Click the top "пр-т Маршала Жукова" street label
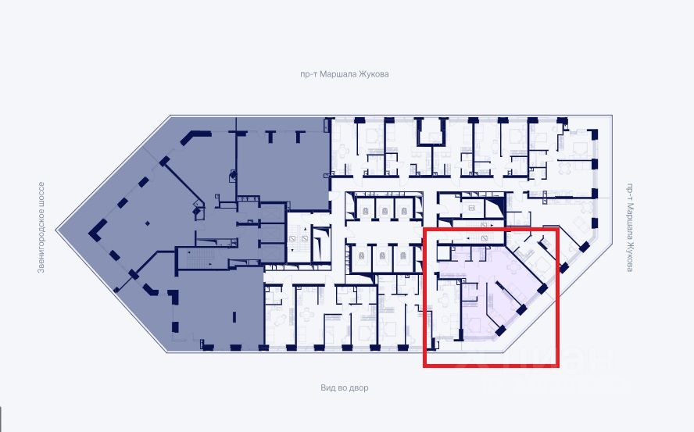(x=345, y=74)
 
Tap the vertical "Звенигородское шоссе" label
(x=41, y=227)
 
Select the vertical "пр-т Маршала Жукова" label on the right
(x=630, y=227)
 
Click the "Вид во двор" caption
(x=344, y=387)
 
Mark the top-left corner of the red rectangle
(x=424, y=229)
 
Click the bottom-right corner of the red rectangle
(x=556, y=366)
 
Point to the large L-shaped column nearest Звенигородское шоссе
(x=97, y=228)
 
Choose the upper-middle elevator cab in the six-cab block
(x=383, y=208)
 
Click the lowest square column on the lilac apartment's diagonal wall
(x=500, y=331)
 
